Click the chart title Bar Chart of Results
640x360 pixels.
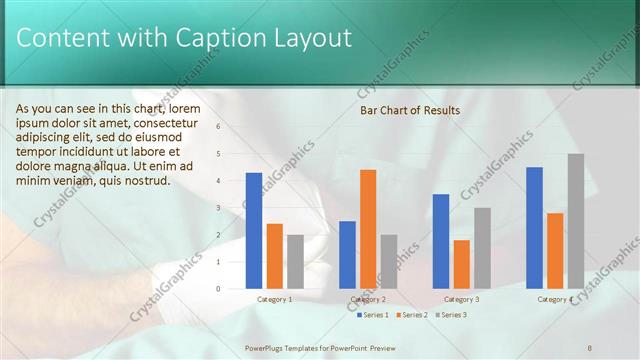[x=410, y=110]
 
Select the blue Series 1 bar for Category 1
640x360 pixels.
[x=254, y=230]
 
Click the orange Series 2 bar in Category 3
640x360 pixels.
[x=461, y=264]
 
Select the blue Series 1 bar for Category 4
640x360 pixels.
[x=534, y=227]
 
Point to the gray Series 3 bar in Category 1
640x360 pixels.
[x=295, y=261]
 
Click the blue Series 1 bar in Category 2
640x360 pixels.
[x=347, y=254]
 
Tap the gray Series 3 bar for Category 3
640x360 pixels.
[x=482, y=247]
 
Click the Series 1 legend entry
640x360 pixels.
[x=373, y=315]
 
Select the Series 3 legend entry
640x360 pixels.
[x=451, y=315]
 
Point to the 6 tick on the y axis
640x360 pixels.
[x=219, y=127]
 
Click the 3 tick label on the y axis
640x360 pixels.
[x=219, y=208]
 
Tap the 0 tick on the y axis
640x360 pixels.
[x=219, y=289]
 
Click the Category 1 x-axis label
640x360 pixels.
[x=275, y=299]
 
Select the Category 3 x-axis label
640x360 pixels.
[x=461, y=299]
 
